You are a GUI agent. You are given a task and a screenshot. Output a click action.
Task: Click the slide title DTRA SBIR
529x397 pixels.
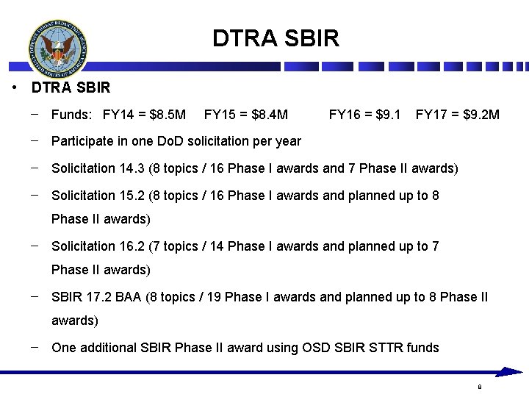coord(276,38)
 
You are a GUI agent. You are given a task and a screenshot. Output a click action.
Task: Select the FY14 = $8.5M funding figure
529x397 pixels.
coord(144,115)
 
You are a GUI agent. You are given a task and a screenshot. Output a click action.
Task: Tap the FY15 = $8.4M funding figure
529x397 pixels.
coord(245,115)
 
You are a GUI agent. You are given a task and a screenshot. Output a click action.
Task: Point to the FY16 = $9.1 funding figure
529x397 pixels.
coord(364,115)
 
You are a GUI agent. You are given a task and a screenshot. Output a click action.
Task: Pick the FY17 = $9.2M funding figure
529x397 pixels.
coord(457,115)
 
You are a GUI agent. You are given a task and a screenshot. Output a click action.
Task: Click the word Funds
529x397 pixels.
coord(71,115)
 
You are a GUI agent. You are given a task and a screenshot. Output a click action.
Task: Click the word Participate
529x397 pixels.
coord(82,140)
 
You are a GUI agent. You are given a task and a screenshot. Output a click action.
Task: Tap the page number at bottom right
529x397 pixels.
coord(479,387)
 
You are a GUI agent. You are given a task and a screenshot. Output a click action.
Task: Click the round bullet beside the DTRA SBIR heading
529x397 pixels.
coord(15,88)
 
